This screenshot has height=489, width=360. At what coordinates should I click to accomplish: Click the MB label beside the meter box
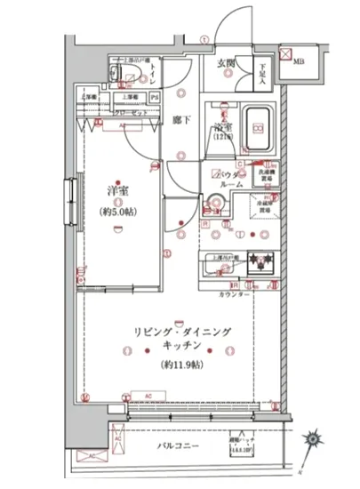300,61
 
